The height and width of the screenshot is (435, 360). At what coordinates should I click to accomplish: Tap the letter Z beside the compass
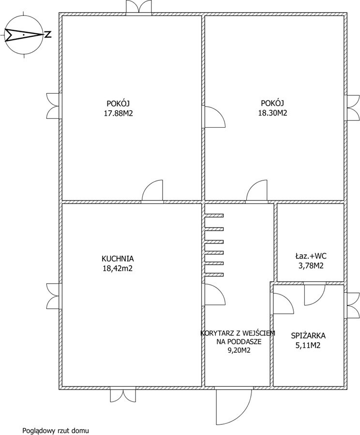coord(48,35)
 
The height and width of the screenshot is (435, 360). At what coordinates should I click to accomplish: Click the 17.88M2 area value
coord(119,113)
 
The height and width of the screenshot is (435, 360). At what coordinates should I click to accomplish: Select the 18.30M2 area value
coord(272,113)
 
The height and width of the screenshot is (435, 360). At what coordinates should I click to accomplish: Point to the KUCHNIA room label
coord(118,259)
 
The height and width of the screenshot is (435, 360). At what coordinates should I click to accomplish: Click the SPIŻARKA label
coord(308,336)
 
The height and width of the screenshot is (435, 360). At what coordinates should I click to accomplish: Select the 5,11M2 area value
coord(308,346)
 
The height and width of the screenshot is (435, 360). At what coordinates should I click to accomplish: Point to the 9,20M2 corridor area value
coord(239,350)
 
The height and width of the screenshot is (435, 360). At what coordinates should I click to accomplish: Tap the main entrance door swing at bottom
coord(233,405)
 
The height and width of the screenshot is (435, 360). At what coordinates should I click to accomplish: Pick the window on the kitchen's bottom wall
coord(123,394)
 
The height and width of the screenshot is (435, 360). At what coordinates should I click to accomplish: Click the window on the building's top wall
coord(139,7)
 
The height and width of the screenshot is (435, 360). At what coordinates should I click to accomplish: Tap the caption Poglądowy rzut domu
coord(56,431)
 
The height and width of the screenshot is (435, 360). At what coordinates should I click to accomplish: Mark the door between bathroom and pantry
coord(315,293)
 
